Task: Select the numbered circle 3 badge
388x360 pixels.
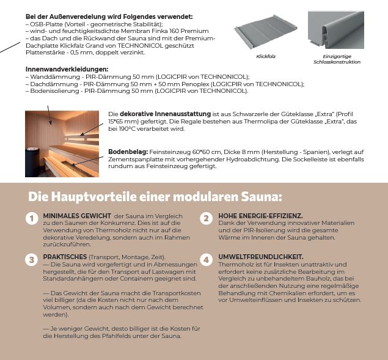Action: coord(31,259)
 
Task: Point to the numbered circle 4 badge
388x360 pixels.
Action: coord(207,259)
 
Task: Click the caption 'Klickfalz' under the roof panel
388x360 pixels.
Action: coord(266,56)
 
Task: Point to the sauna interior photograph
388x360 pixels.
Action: coord(64,144)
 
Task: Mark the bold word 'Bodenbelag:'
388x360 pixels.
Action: coord(126,151)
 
